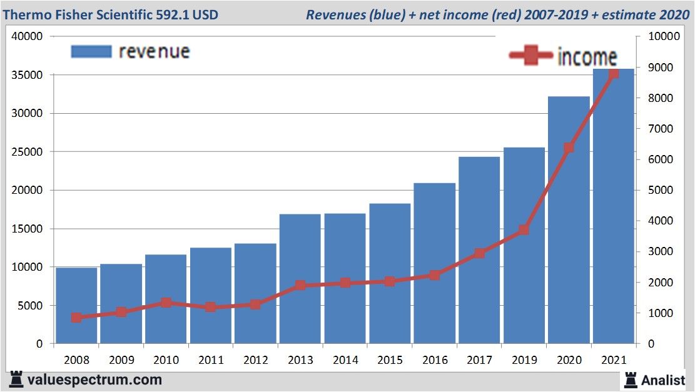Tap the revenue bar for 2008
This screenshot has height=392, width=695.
coord(76,306)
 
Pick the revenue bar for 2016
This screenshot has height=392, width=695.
coord(434,263)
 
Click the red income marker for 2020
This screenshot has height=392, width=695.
coord(569,148)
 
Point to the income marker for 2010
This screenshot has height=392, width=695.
coord(166,303)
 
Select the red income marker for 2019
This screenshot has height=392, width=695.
coord(524,230)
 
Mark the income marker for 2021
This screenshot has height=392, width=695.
coord(614,73)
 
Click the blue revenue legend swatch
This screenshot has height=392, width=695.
coord(91,51)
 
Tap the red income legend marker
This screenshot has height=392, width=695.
coord(531,56)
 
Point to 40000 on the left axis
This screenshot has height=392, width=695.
coord(27,37)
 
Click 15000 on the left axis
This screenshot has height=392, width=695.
coord(27,229)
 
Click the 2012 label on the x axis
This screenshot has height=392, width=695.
coord(255,361)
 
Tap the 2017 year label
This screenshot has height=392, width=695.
coord(479,361)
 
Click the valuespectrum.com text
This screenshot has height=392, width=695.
coord(94,379)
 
